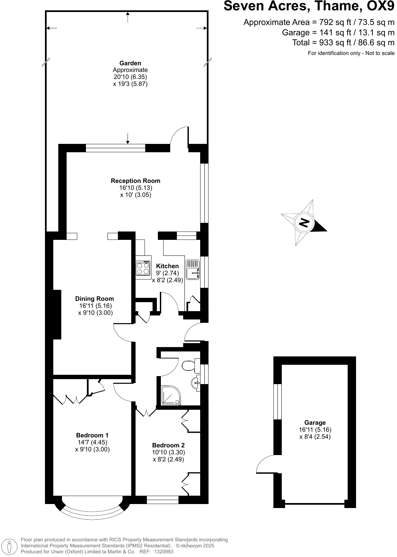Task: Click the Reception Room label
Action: point(135,181)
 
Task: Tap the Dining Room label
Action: point(94,299)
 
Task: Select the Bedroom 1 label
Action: point(92,435)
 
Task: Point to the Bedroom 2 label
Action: point(168,445)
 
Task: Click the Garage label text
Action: point(315,423)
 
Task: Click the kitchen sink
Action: point(193,270)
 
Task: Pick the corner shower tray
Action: point(171,395)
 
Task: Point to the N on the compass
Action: point(304,222)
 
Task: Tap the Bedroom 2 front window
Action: point(163,500)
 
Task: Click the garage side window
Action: point(277,401)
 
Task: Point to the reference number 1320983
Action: point(164,552)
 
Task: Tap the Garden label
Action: point(130,63)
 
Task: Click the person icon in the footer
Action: point(9,546)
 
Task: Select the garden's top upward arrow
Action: point(128,17)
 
